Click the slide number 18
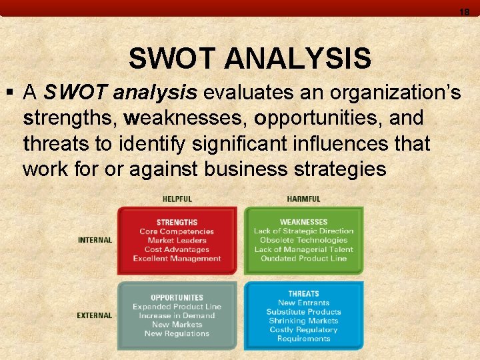pos(465,11)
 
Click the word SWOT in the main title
pos(173,59)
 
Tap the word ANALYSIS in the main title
pos(297,59)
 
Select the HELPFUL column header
pos(177,199)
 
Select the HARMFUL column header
pos(303,199)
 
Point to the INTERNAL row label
pos(95,240)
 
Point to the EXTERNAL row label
pos(95,315)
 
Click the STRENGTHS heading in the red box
pos(177,223)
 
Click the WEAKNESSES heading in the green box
pos(303,222)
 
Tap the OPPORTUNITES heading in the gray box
pos(177,298)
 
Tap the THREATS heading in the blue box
pos(303,293)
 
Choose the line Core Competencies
pos(177,231)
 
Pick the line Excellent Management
pos(177,259)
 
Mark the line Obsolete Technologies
pos(303,240)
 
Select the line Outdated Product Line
pos(303,259)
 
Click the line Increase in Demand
pos(177,316)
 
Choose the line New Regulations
pos(177,334)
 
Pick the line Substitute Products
pos(303,312)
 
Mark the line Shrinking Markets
pos(303,321)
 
